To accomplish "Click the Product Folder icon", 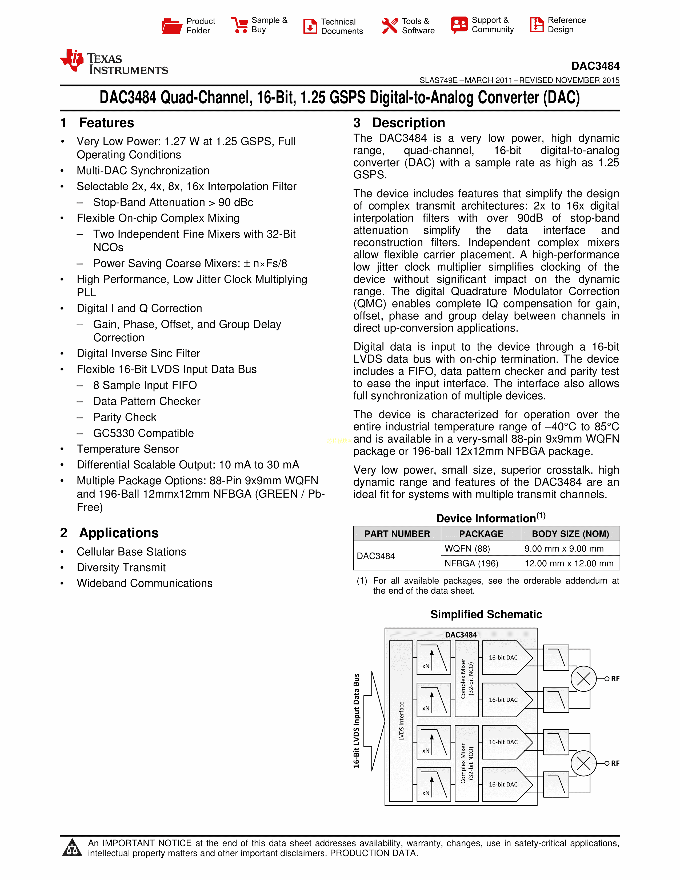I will click(x=172, y=26).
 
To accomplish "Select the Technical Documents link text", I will click(x=342, y=26).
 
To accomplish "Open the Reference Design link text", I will click(x=566, y=25).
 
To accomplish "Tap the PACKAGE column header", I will click(x=481, y=534).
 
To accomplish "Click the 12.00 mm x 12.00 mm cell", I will click(x=569, y=563).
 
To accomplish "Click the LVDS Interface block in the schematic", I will click(x=401, y=721).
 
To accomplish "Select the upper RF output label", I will click(x=615, y=679).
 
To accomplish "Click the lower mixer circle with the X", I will click(x=583, y=763).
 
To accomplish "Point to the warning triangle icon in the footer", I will click(x=72, y=847).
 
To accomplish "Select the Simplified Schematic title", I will click(x=486, y=614).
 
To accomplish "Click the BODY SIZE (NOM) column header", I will click(x=570, y=534).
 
